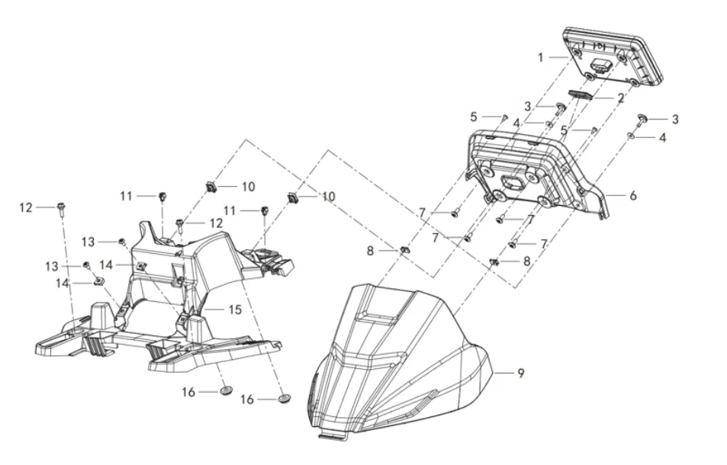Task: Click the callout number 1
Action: coord(541,57)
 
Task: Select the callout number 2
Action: coord(621,98)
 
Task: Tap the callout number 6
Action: coord(632,195)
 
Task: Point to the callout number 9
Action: coord(521,373)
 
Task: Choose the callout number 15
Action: coord(235,309)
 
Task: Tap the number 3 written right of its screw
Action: coord(674,119)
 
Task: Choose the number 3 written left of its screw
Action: coord(527,106)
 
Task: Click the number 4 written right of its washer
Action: coord(662,138)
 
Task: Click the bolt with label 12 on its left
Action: coord(60,207)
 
